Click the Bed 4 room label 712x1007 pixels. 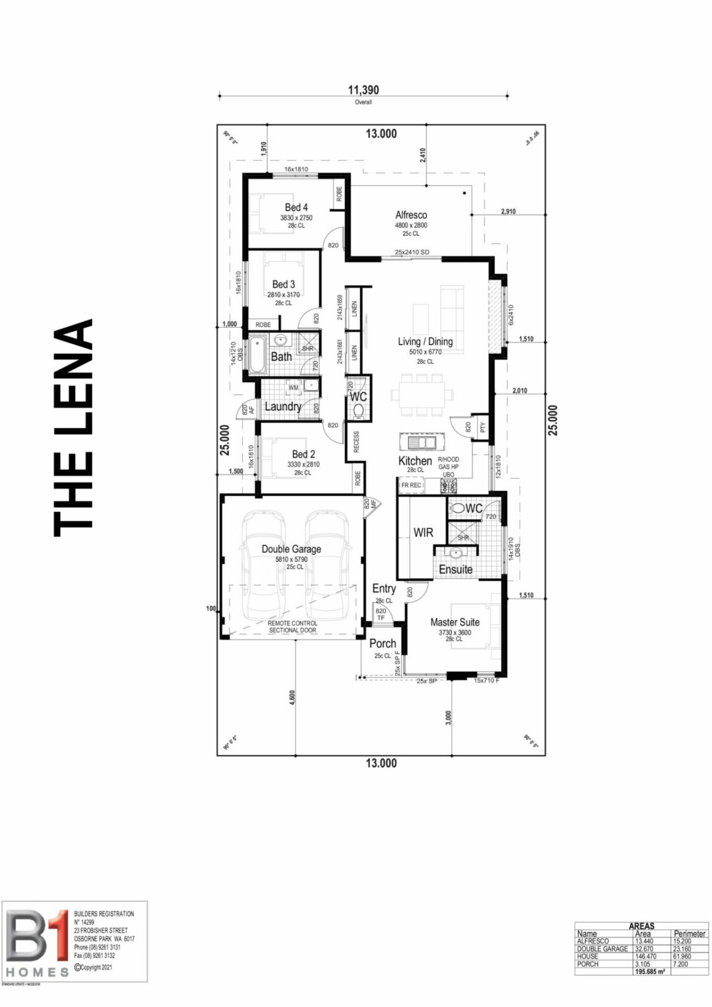click(296, 207)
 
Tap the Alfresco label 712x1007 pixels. click(411, 215)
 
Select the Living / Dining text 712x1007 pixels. click(425, 341)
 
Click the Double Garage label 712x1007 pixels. click(291, 549)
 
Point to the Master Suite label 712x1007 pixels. click(455, 622)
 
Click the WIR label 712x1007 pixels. click(423, 533)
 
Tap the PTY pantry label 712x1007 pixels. click(483, 428)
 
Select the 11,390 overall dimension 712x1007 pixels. click(363, 90)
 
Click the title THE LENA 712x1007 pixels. click(74, 428)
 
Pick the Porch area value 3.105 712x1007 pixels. click(643, 964)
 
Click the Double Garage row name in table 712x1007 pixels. click(602, 949)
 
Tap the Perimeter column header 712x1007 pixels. click(689, 933)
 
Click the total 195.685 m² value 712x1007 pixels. click(649, 972)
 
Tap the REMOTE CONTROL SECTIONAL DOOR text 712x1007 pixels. click(292, 627)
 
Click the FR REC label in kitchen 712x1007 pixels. click(411, 486)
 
